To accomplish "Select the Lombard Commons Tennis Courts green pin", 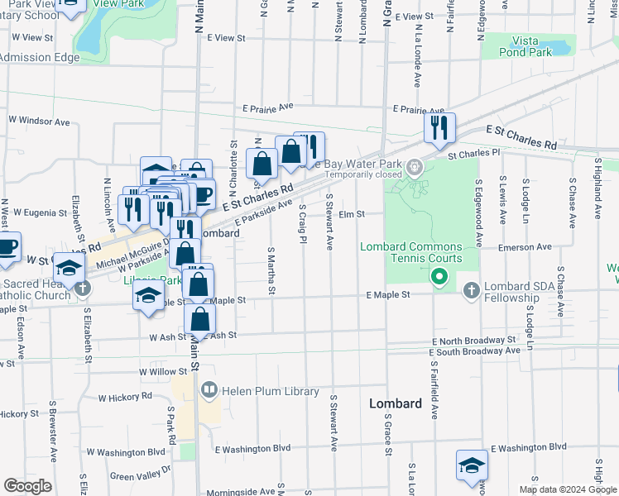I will coord(440,279).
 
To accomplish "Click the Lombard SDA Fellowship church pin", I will coord(471,290).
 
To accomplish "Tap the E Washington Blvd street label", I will coord(252,449).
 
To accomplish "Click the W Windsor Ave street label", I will coord(39,121).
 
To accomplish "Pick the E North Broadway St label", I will coord(473,341).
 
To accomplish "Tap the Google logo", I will coord(27,486).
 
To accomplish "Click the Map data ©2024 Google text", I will coord(568,489).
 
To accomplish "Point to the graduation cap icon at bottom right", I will coord(472,465).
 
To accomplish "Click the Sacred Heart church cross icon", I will coord(81,289).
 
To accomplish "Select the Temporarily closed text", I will coord(363,174).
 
